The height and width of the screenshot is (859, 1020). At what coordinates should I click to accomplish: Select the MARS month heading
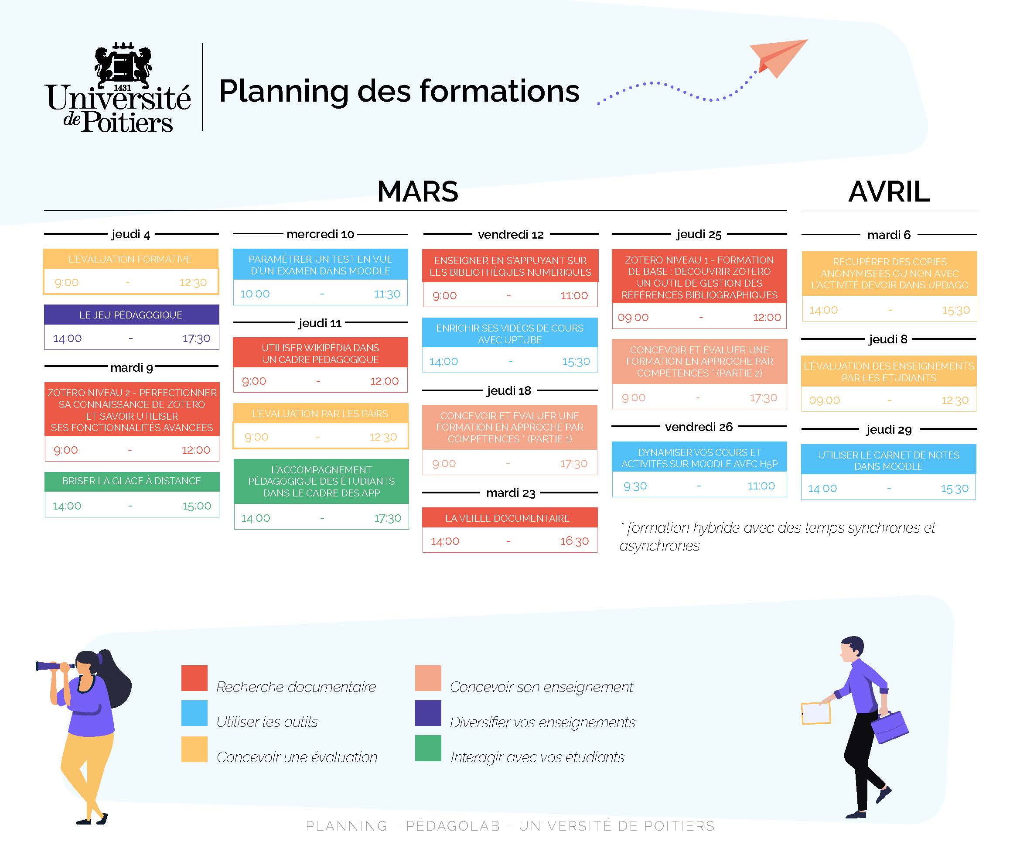pyautogui.click(x=417, y=192)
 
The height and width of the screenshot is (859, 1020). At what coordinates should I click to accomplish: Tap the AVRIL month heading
pyautogui.click(x=889, y=192)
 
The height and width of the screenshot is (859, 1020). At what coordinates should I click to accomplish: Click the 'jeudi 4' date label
pyautogui.click(x=130, y=234)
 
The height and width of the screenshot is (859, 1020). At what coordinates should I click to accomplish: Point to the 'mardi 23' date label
pyautogui.click(x=511, y=493)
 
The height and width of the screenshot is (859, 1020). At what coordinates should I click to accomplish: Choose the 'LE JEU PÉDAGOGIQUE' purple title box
pyautogui.click(x=131, y=315)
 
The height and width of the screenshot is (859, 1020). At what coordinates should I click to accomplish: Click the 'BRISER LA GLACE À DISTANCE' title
pyautogui.click(x=131, y=481)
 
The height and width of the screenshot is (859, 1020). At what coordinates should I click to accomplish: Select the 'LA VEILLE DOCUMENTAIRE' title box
pyautogui.click(x=509, y=518)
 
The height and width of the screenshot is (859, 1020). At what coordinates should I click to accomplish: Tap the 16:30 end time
pyautogui.click(x=574, y=541)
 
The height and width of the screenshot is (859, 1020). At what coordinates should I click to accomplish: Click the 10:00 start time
pyautogui.click(x=255, y=294)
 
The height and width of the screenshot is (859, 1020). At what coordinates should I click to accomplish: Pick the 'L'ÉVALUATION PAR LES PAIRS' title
pyautogui.click(x=320, y=414)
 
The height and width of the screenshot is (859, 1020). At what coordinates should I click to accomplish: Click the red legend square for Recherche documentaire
pyautogui.click(x=194, y=678)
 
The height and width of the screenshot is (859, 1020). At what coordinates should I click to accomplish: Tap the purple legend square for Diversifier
pyautogui.click(x=428, y=713)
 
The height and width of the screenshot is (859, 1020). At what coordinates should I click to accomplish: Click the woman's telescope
pyautogui.click(x=55, y=666)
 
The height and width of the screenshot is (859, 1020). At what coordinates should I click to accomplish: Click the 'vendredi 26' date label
pyautogui.click(x=698, y=427)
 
